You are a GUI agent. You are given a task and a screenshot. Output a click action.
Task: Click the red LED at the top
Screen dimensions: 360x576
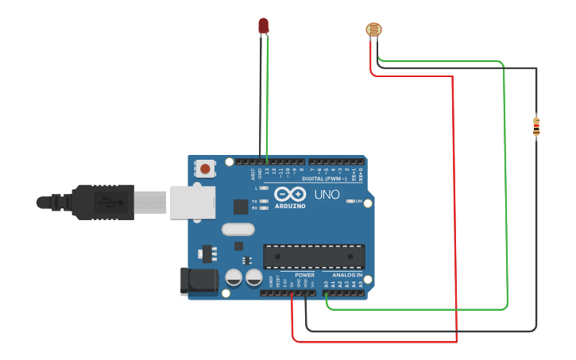[264, 25]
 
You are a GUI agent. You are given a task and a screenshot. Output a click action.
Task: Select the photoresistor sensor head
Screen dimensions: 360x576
[373, 30]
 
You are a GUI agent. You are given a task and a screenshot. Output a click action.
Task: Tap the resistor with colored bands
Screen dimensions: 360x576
[536, 126]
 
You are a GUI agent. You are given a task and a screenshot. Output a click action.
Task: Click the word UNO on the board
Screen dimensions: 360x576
[327, 194]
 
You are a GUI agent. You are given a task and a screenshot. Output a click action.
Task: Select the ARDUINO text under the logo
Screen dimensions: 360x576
[290, 206]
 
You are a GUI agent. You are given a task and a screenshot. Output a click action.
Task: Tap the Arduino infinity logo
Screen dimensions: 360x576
[290, 194]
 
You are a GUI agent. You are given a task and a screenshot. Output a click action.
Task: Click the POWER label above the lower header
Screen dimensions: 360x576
[304, 275]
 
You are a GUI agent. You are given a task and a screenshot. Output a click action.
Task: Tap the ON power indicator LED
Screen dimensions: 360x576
[351, 201]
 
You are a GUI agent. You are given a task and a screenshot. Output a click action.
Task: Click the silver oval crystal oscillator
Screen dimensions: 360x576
[238, 230]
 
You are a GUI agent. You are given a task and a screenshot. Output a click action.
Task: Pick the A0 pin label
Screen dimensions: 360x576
[326, 284]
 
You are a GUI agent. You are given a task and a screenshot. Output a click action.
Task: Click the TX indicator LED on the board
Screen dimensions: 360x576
[263, 201]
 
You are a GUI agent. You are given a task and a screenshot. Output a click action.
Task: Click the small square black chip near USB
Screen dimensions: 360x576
[241, 207]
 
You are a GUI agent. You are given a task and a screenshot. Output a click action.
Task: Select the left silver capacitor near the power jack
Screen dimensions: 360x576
[234, 277]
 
